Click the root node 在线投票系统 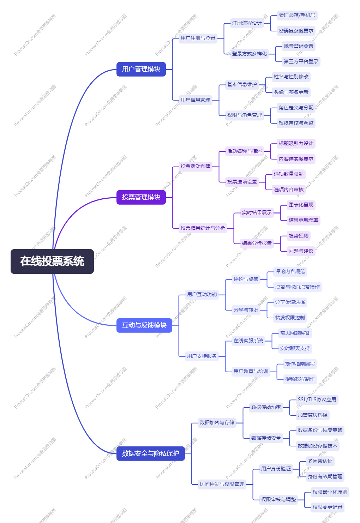tap(52, 261)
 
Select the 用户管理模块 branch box tap(141, 69)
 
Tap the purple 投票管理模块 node tap(141, 197)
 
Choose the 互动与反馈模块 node tap(144, 325)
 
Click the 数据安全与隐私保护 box tap(150, 453)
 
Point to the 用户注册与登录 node tap(198, 38)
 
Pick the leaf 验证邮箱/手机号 tap(297, 15)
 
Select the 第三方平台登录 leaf tap(301, 61)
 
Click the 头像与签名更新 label tap(291, 92)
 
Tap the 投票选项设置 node tap(242, 182)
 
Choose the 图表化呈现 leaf tap(301, 205)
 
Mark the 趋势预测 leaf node tap(298, 236)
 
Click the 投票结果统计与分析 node tap(203, 228)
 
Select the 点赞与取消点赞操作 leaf tap(297, 287)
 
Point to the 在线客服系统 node tap(248, 341)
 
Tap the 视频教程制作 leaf tap(300, 379)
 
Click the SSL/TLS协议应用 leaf tap(317, 399)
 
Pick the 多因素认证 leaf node tap(320, 461)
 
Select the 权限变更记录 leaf tap(327, 507)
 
